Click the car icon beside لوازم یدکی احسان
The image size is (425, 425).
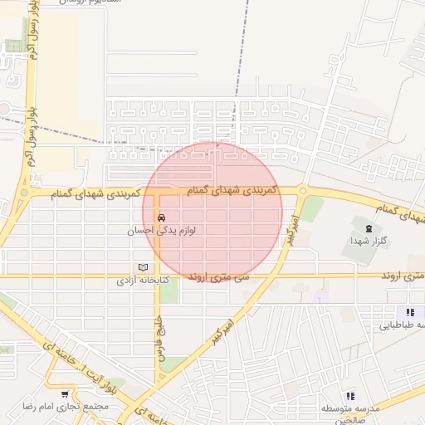click(161, 219)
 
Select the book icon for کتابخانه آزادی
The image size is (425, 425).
click(143, 267)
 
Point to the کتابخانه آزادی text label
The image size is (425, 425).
click(143, 281)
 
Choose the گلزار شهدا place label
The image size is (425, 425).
click(365, 240)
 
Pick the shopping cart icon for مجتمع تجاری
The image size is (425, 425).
click(65, 393)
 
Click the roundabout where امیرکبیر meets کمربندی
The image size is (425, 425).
click(303, 192)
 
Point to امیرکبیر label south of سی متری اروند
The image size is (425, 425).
click(218, 323)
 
